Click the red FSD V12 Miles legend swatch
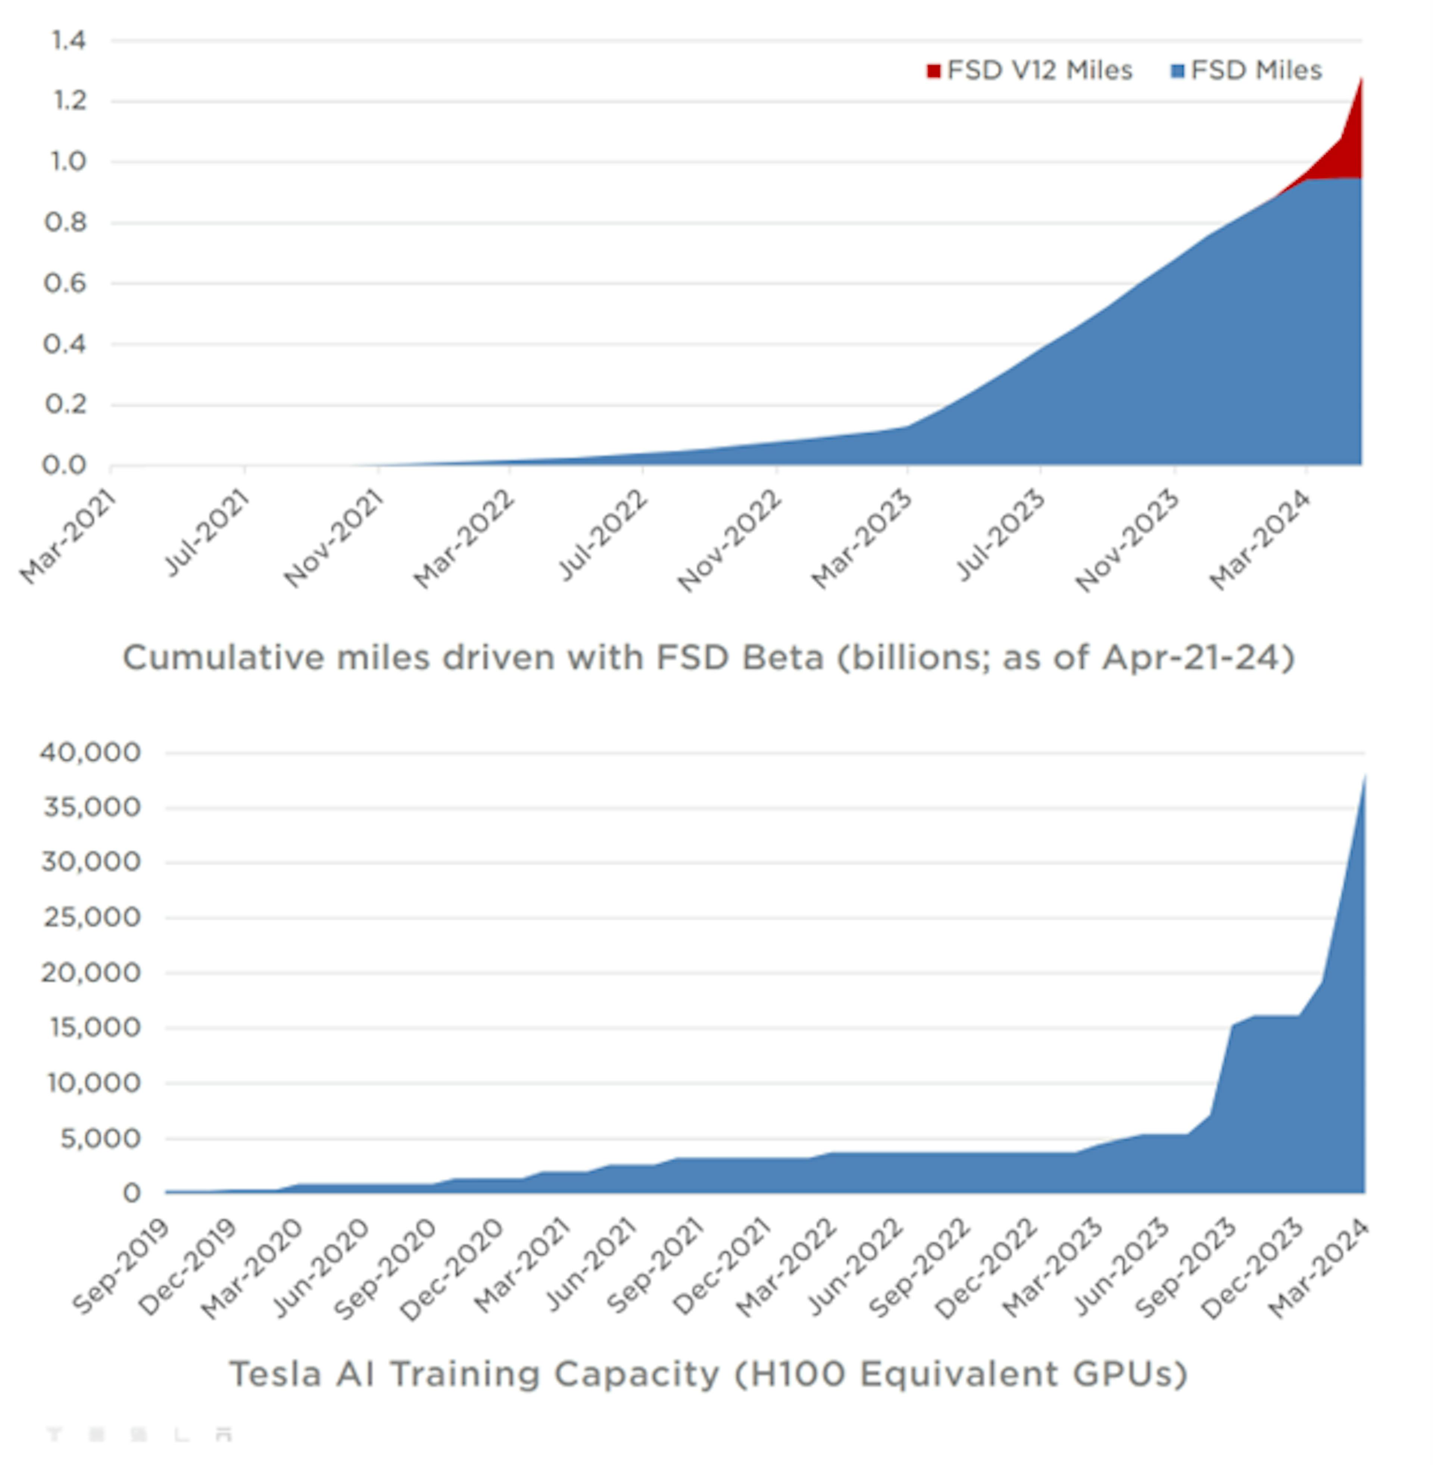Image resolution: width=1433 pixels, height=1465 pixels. tap(933, 71)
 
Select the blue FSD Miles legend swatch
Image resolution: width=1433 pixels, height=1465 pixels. tap(1178, 71)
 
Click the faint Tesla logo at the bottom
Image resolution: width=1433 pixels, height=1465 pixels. tap(139, 1433)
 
